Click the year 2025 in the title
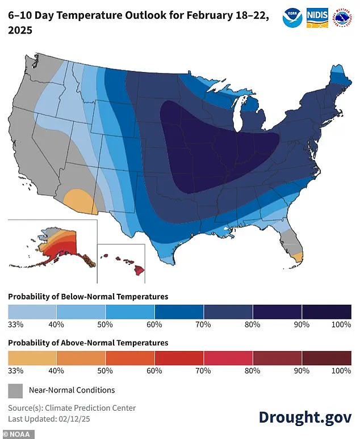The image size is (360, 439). pos(20,29)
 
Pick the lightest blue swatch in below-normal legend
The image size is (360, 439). pos(32,311)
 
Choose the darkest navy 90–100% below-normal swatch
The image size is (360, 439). pos(326,311)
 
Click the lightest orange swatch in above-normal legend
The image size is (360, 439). pos(32,358)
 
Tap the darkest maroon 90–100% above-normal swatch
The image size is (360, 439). pos(326,358)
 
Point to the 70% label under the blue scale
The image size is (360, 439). pos(203,324)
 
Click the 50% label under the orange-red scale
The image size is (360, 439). pos(105,370)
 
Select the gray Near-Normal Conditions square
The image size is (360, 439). pos(15,390)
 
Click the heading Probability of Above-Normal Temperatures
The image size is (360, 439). pos(88,343)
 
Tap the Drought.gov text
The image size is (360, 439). pos(305,416)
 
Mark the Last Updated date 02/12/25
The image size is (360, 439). pos(77,419)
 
